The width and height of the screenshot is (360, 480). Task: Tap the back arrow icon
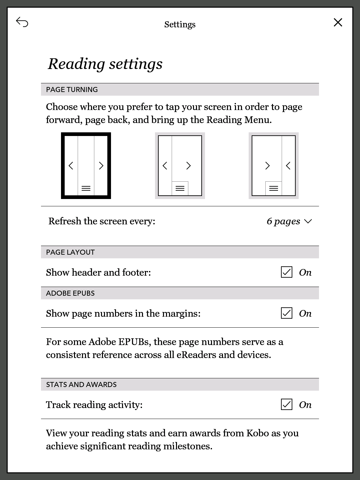pos(22,22)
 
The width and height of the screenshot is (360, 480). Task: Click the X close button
pos(338,22)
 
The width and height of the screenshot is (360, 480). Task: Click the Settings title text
pos(180,25)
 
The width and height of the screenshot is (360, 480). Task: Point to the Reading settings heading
pos(105,64)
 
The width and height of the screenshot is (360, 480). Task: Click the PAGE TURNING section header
pos(72,89)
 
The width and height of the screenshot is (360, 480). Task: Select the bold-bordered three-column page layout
pos(86,166)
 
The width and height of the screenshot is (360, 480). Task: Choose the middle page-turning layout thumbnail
pos(180,166)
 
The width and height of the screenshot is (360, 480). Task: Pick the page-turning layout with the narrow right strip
pos(274,166)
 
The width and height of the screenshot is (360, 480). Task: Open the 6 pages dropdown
pos(289,221)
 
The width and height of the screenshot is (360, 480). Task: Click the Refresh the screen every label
pos(102,221)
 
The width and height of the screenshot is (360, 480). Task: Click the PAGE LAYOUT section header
pos(70,252)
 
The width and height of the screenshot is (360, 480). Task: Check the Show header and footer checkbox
pos(287,272)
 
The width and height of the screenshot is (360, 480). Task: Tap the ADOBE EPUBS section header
pos(70,293)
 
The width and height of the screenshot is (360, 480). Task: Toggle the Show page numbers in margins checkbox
pos(287,313)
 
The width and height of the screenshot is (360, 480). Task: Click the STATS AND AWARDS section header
pos(81,384)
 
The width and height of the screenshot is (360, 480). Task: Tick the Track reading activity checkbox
pos(287,405)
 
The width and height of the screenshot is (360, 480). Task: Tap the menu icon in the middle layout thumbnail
pos(180,189)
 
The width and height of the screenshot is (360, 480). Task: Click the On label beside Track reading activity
pos(305,405)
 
